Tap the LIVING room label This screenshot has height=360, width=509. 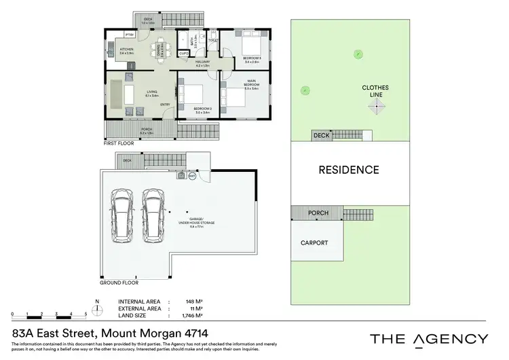point(147,94)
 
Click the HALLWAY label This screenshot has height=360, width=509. point(202,62)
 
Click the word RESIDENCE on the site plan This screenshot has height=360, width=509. point(349,170)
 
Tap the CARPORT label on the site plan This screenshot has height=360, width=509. point(314,242)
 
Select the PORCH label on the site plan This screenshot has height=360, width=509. point(318,213)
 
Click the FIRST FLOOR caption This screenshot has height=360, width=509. point(119,144)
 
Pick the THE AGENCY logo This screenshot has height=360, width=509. point(428,339)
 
